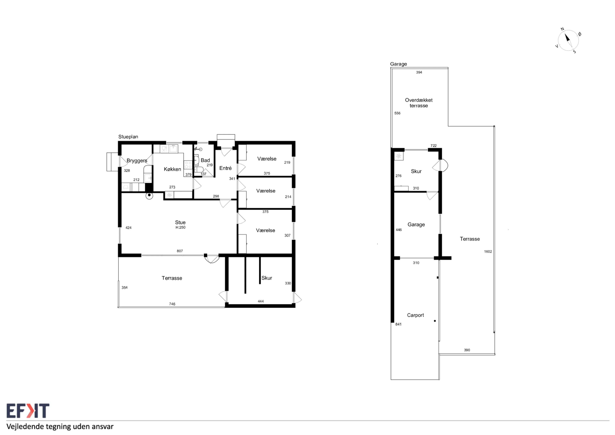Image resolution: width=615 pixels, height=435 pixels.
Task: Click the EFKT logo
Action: tap(28, 411)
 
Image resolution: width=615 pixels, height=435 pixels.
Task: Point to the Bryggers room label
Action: tap(137, 161)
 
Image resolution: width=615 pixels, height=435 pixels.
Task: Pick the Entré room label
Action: tap(225, 168)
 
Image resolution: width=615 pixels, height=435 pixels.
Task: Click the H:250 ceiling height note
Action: tap(180, 227)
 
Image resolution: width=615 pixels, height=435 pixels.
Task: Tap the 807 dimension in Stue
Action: tap(180, 251)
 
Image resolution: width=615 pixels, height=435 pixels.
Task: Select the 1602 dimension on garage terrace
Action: tap(488, 251)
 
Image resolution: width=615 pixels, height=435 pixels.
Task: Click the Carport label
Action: tap(415, 315)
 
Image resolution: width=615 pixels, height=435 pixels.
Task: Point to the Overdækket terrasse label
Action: tap(419, 103)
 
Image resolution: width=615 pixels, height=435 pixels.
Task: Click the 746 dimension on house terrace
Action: tap(172, 304)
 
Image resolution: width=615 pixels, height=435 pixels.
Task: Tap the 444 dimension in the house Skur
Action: tap(261, 301)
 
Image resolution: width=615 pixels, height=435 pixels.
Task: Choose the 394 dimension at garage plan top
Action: tap(419, 72)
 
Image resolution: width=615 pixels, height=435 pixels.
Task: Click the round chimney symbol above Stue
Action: tap(149, 196)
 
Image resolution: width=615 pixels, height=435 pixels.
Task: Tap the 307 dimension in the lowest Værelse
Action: tap(287, 236)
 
